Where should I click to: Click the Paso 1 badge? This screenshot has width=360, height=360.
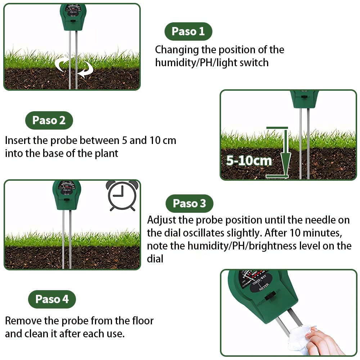pos(188,31)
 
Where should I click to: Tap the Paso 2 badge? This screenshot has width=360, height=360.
pos(49,120)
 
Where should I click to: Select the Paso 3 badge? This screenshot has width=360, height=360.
pos(189,203)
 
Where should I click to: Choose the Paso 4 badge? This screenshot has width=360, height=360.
pos(52,299)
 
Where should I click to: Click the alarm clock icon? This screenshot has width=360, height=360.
pos(122,195)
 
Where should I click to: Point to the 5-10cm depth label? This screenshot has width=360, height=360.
pos(249,160)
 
